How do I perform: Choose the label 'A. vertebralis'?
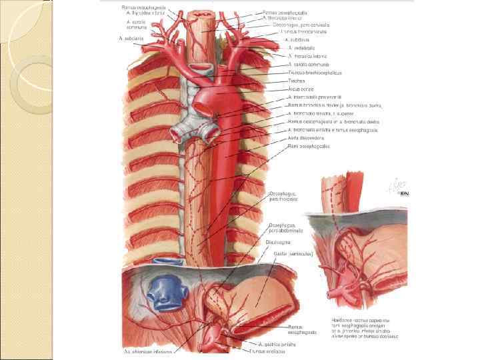[302, 48]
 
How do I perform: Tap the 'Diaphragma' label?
[281, 243]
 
